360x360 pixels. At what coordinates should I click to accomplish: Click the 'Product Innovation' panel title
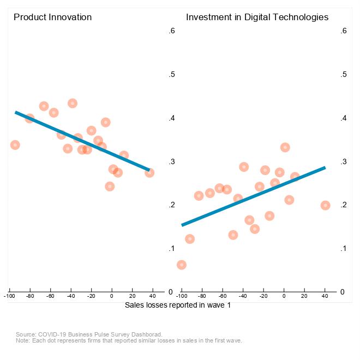pos(52,17)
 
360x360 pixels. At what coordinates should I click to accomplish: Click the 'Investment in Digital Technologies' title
pos(257,17)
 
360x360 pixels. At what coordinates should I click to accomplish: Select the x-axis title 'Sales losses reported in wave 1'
pos(178,305)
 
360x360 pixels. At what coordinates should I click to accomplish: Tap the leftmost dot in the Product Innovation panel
pos(15,145)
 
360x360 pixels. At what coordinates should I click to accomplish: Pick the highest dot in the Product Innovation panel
pos(73,103)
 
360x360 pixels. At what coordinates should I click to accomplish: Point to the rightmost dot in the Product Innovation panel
pos(149,172)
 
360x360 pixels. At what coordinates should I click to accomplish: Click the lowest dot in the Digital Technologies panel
pos(182,265)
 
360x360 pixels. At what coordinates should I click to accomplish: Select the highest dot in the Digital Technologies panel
pos(285,147)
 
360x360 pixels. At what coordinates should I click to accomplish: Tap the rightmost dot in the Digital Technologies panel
pos(325,205)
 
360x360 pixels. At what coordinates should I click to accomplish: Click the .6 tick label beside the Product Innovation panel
pos(171,31)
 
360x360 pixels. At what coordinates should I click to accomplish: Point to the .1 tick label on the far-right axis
pos(343,249)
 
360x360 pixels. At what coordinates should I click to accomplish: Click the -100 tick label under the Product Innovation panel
pos(9,297)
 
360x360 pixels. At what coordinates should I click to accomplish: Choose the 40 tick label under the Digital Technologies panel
pos(325,297)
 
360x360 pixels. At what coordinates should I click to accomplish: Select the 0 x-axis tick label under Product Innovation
pos(111,297)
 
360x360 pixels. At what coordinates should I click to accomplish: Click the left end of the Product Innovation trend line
pos(16,112)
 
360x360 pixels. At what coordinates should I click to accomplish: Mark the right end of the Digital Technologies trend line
pos(325,167)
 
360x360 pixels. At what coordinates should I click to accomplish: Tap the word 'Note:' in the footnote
pos(24,340)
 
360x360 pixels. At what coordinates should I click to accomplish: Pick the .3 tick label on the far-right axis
pos(343,162)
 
